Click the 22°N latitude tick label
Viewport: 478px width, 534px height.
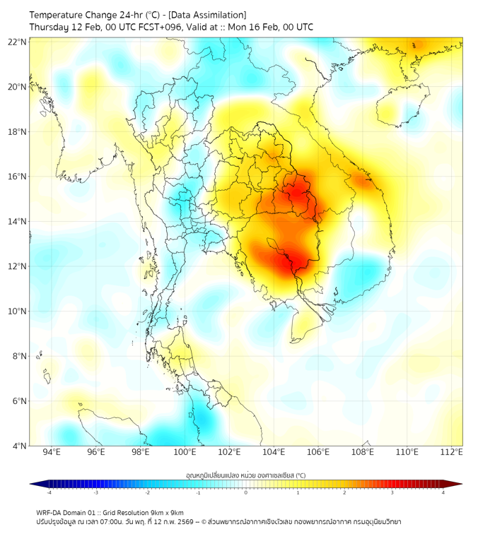click(18, 42)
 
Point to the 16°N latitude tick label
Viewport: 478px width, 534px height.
click(18, 177)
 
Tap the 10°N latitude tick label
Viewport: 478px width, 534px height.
click(18, 311)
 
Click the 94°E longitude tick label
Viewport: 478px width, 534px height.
click(52, 452)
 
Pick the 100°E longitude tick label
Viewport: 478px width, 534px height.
click(185, 452)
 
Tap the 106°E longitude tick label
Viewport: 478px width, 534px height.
click(318, 452)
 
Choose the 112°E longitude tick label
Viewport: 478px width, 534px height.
click(452, 452)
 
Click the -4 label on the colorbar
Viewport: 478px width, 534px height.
click(49, 492)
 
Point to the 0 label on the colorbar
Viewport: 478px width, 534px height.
click(246, 492)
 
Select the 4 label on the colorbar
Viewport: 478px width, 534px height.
click(443, 492)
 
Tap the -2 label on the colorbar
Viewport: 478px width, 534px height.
click(147, 492)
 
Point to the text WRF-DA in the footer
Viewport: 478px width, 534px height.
click(49, 512)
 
